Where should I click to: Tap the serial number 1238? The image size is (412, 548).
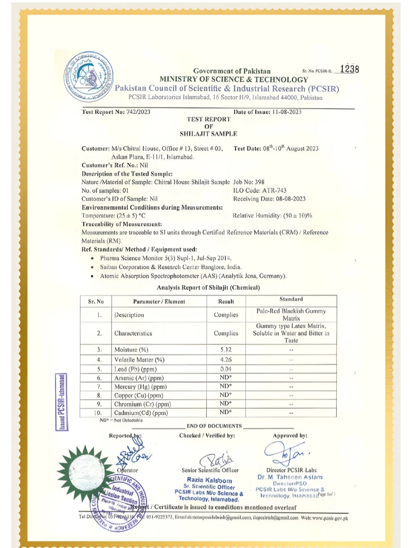coord(349,69)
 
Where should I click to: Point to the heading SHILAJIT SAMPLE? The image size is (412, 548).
coord(208,134)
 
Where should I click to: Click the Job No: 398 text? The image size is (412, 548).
coord(249,182)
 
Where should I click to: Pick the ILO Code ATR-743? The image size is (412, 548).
coord(260,190)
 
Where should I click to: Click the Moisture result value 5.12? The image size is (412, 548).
coord(226,349)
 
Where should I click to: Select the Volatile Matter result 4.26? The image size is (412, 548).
coord(226,359)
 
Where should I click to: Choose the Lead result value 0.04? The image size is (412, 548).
coord(226,369)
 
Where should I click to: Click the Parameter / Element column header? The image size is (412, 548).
coord(159,301)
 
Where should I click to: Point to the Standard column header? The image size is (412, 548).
coord(291,299)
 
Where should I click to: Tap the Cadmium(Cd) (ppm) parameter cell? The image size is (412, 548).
coord(141,413)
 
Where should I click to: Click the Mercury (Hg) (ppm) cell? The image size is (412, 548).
coord(140,387)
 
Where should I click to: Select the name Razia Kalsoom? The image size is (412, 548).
coord(209,480)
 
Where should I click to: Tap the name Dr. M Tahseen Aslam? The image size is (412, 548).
coord(290,477)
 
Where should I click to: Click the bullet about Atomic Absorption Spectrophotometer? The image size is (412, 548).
coord(193,276)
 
